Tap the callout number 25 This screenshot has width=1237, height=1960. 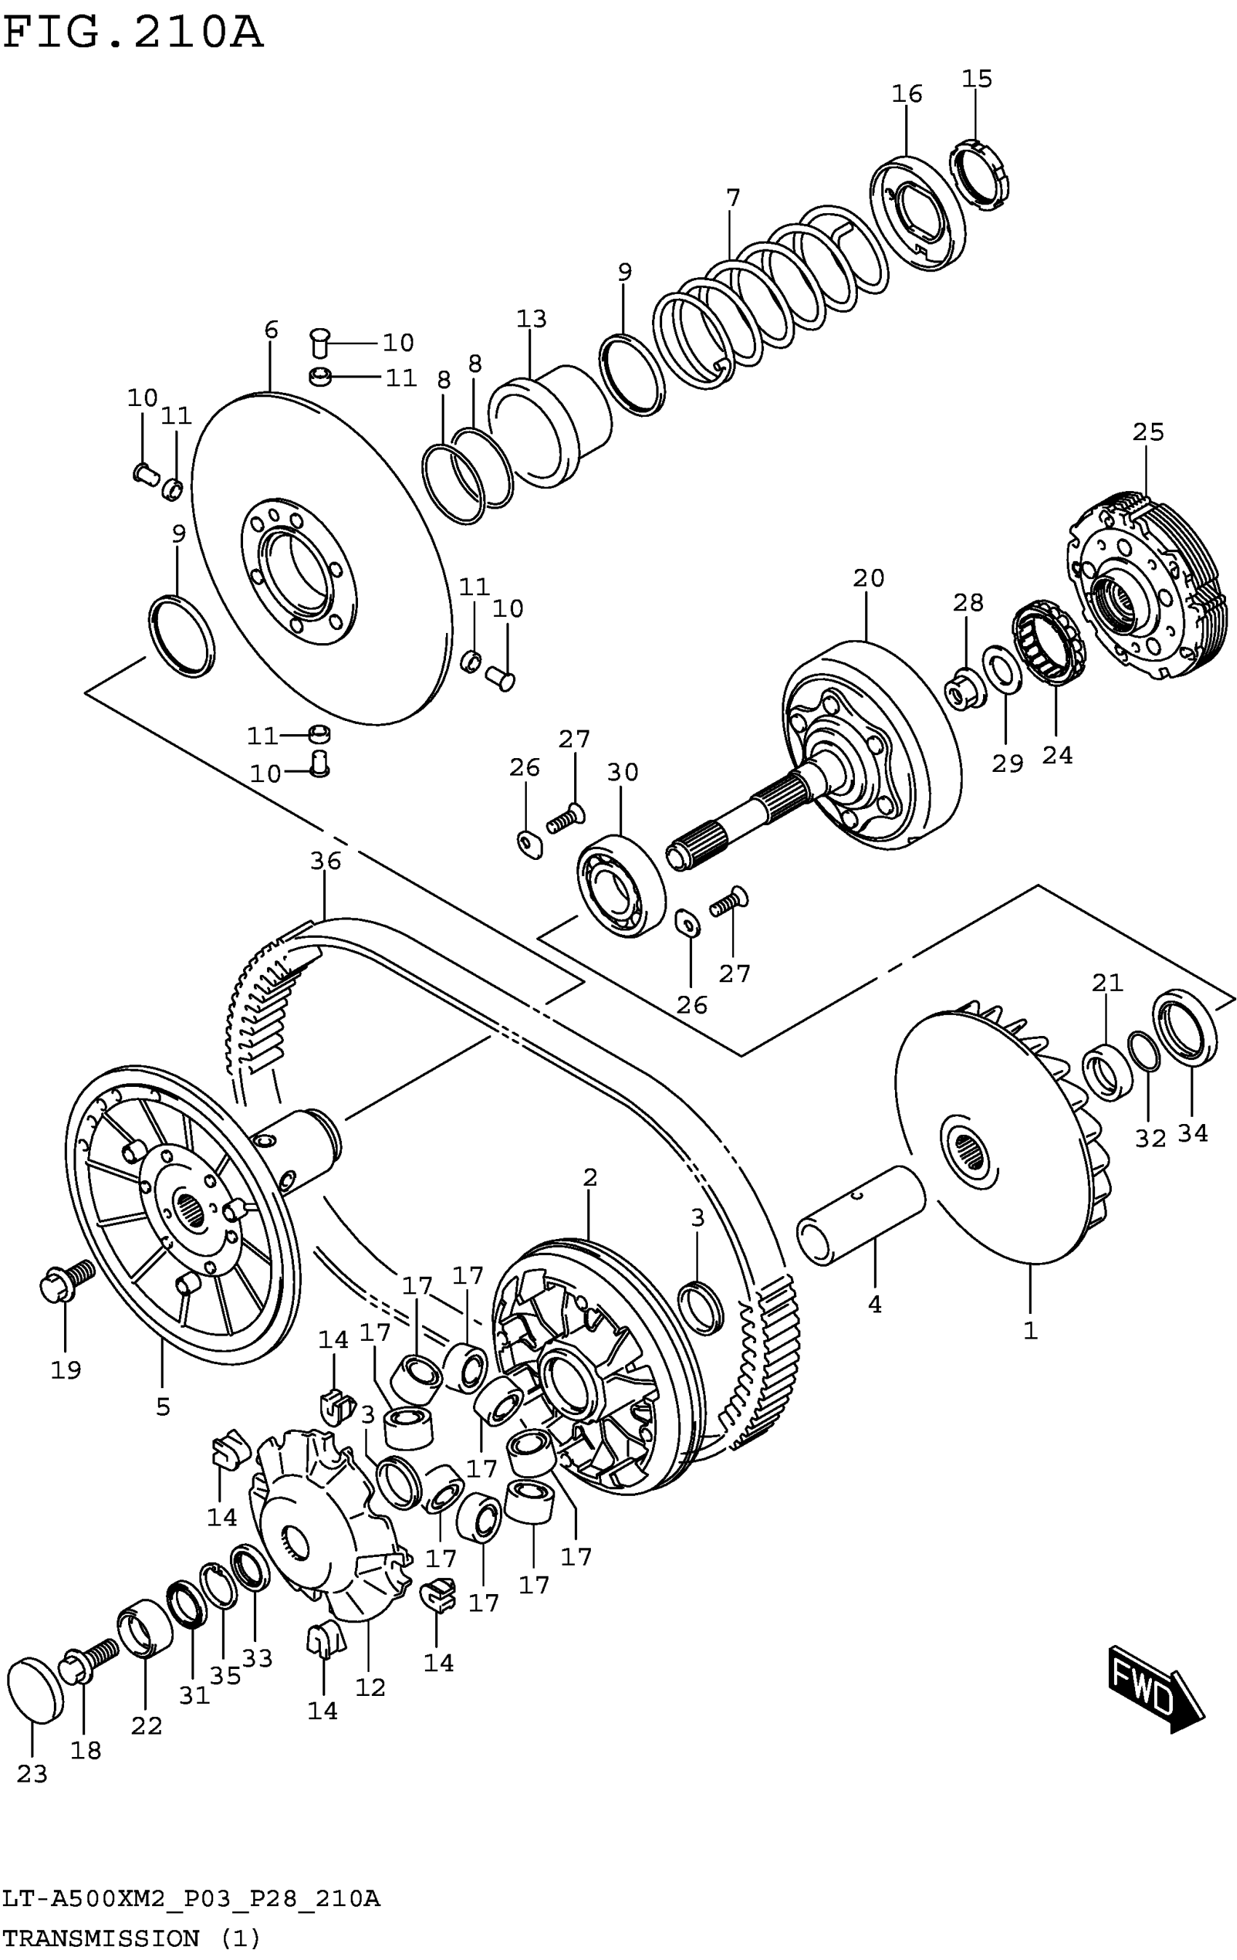1148,432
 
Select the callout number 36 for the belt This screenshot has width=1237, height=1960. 325,861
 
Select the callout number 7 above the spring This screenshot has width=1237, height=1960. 733,198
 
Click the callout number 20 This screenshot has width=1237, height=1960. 868,578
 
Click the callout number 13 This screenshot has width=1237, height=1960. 531,319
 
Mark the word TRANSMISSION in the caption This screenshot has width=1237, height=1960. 102,1938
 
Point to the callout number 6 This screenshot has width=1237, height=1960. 271,330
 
